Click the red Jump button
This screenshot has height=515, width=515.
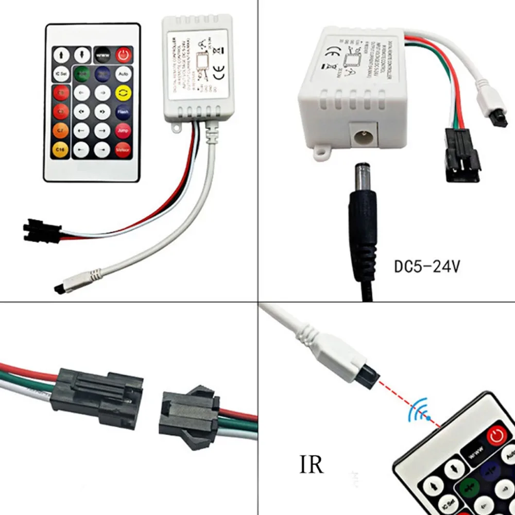(123, 131)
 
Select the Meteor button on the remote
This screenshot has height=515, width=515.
(123, 150)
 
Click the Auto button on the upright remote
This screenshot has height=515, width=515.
(122, 74)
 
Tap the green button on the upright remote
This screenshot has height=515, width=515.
(81, 74)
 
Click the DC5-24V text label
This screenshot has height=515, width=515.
(427, 267)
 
